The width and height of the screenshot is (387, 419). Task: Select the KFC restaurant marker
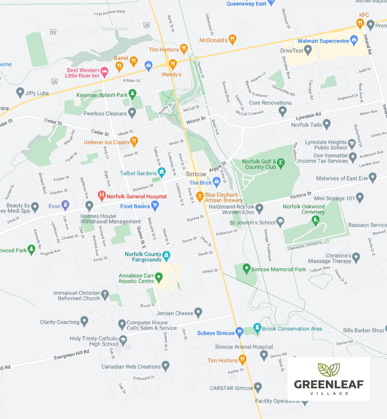[x=360, y=22]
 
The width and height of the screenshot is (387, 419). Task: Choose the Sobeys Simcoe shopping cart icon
[x=239, y=332]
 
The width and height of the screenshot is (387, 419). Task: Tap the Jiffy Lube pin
[x=20, y=92]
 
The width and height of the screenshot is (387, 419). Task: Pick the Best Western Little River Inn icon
[x=105, y=72]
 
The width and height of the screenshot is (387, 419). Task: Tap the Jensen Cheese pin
[x=198, y=312]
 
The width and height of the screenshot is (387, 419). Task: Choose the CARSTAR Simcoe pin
[x=258, y=387]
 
